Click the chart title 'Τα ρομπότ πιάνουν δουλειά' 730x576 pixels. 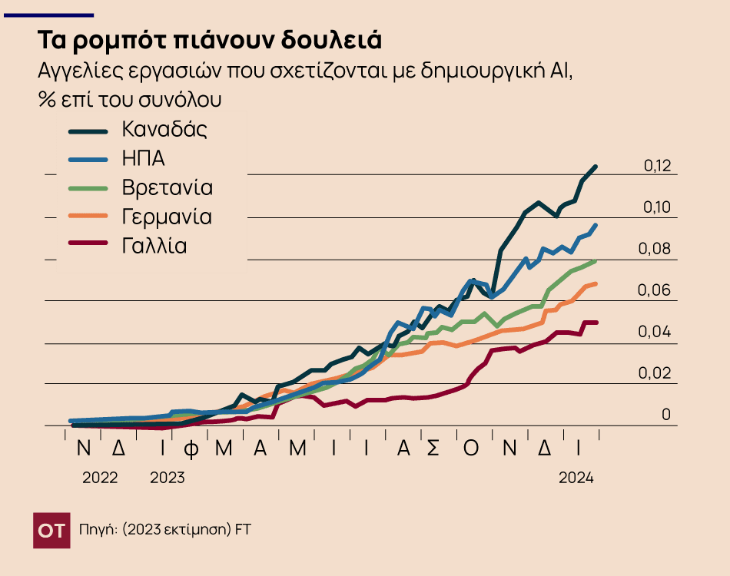coord(210,40)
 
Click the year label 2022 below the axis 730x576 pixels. coord(100,478)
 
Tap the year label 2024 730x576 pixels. coord(576,478)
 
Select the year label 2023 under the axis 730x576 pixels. coord(167,478)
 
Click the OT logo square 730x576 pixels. coord(51,530)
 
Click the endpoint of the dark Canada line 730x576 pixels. coord(596,167)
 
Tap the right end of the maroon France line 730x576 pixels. coord(596,323)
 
